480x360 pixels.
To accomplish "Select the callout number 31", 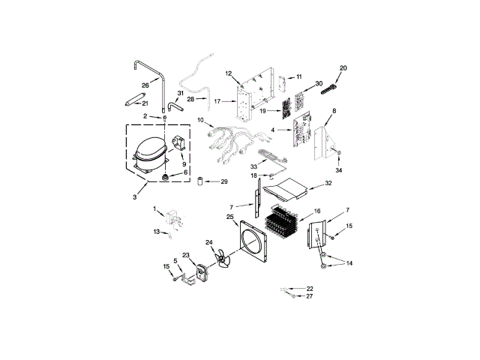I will point(180,93).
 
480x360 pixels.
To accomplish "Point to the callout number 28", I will point(170,99).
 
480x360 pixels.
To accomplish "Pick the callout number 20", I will point(343,68).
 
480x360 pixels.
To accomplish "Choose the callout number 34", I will point(338,170).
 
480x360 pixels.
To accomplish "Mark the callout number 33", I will point(253,166).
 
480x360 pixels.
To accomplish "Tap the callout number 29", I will point(224,182).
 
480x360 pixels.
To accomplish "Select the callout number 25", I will point(229,217).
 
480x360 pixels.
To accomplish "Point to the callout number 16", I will point(317,212).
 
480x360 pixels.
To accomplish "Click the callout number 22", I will point(310,289).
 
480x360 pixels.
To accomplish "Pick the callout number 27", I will point(310,296).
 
